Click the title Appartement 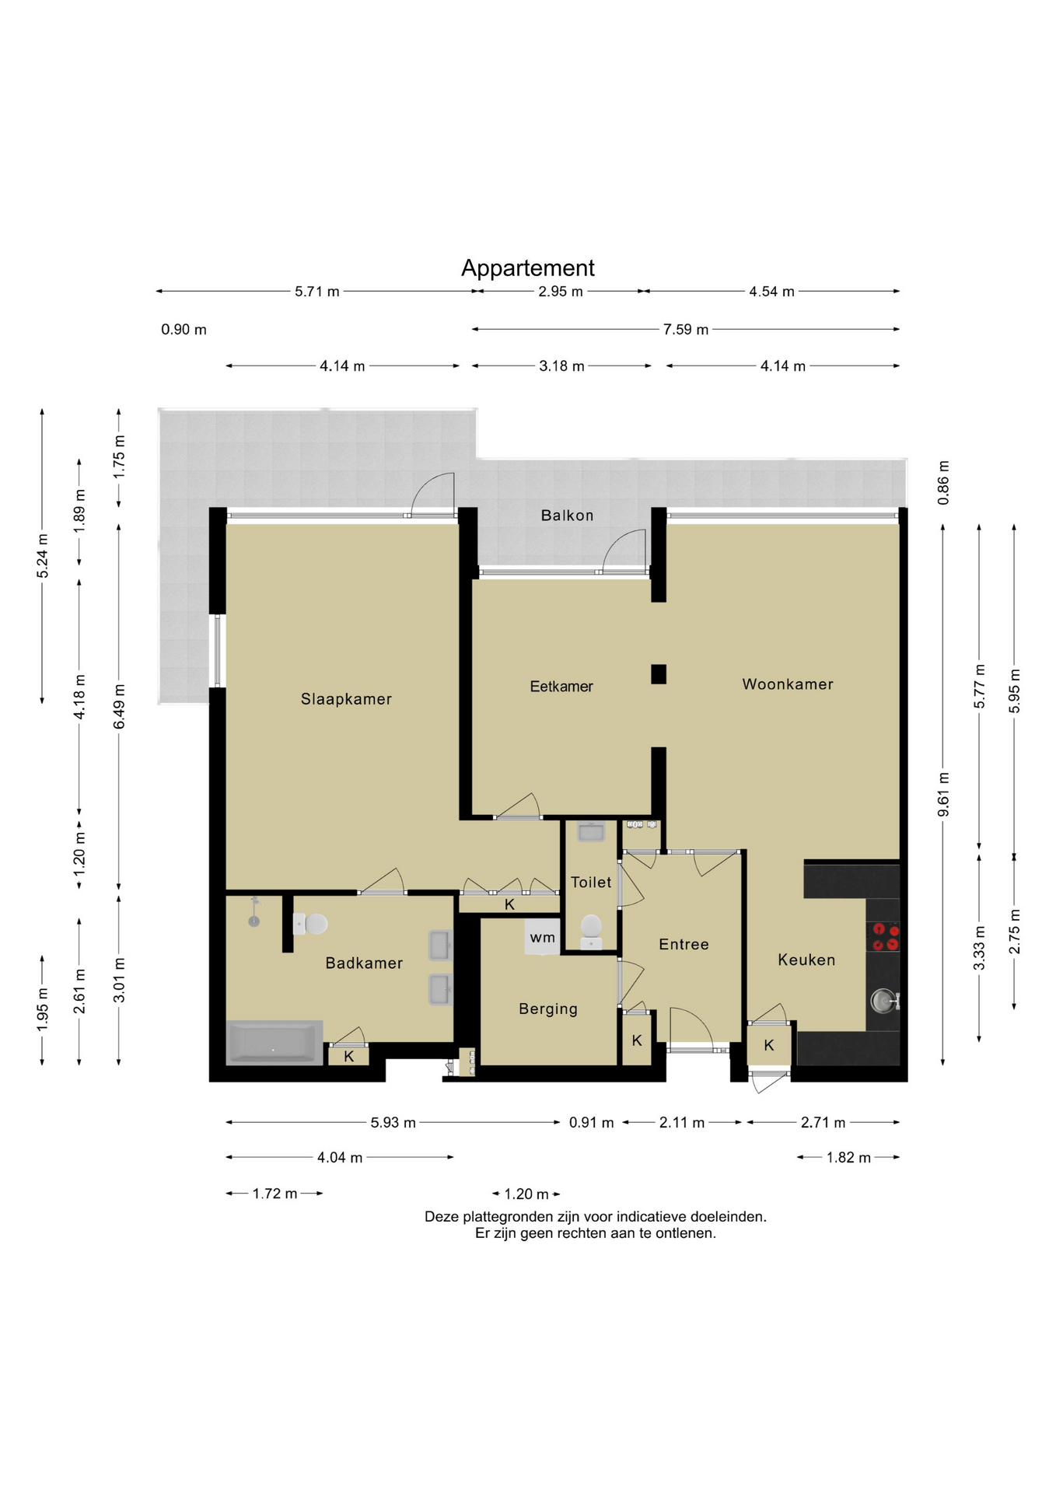[527, 268]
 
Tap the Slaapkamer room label [346, 699]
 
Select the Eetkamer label [561, 686]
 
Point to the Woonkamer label [788, 684]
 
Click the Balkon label [567, 516]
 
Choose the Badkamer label [364, 963]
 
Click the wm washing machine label [542, 938]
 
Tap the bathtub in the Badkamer [274, 1043]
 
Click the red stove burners [884, 937]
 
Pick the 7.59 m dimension [686, 330]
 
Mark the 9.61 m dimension [943, 794]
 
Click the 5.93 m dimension [393, 1122]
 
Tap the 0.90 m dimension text [184, 330]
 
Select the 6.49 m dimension [119, 707]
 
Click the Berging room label [548, 1009]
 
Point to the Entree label [684, 944]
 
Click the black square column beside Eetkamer [659, 674]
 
